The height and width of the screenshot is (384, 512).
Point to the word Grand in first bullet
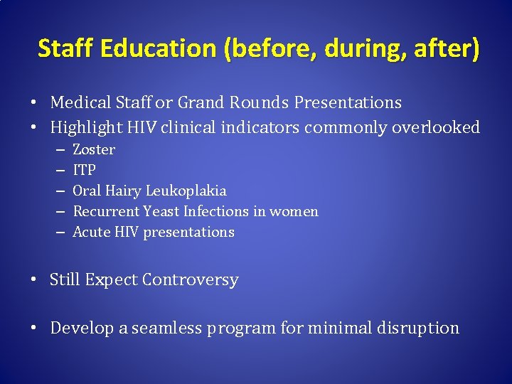click(202, 103)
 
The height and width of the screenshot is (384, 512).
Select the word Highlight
click(86, 128)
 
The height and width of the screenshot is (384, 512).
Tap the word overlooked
click(437, 128)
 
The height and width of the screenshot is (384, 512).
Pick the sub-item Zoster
click(94, 150)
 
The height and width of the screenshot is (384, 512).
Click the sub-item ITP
click(84, 171)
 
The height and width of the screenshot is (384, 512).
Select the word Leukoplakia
click(186, 191)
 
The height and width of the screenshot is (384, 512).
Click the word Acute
click(91, 233)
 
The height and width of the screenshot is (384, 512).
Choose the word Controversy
click(190, 280)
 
